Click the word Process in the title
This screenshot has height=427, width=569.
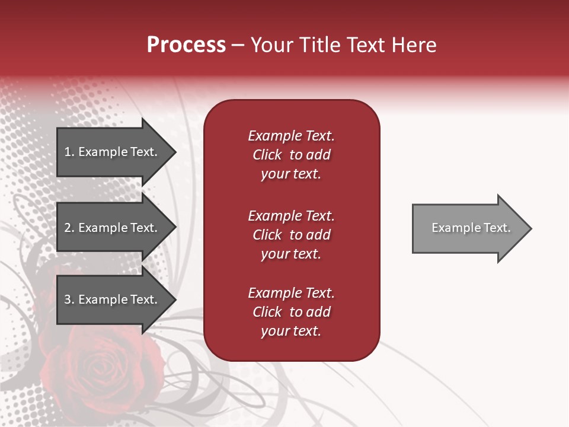click(x=186, y=45)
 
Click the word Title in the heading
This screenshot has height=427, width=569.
click(x=319, y=45)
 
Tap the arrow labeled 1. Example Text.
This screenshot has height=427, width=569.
click(x=113, y=152)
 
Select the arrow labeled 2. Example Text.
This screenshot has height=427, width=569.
click(x=113, y=228)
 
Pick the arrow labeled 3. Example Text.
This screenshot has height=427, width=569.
click(x=113, y=299)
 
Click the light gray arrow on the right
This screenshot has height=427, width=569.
click(x=468, y=228)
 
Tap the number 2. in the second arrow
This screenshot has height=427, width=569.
click(x=69, y=228)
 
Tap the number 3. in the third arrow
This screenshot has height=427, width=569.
click(x=69, y=299)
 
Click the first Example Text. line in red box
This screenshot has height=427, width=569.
click(x=291, y=136)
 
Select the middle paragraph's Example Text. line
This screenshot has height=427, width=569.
click(x=291, y=216)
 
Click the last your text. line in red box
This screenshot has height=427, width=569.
click(x=291, y=332)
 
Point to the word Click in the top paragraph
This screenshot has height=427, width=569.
click(x=267, y=155)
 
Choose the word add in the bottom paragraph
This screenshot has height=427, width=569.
click(x=318, y=312)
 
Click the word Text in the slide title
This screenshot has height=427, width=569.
click(x=365, y=45)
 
